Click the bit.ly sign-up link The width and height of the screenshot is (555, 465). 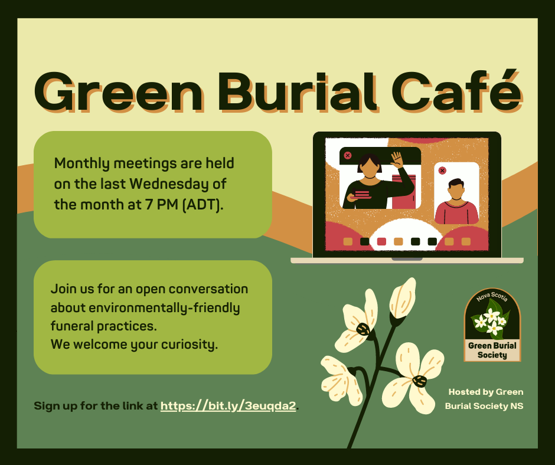point(228,405)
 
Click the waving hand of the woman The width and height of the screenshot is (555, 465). point(397,160)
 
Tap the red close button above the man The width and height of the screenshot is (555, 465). point(442,171)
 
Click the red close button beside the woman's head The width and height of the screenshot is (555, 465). point(348,155)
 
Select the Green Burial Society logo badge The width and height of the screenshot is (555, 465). point(492,325)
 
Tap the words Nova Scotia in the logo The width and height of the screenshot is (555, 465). point(492,296)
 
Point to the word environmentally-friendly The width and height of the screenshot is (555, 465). point(164,308)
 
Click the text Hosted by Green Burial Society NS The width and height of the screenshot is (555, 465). point(484,399)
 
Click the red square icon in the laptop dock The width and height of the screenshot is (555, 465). point(381,242)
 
